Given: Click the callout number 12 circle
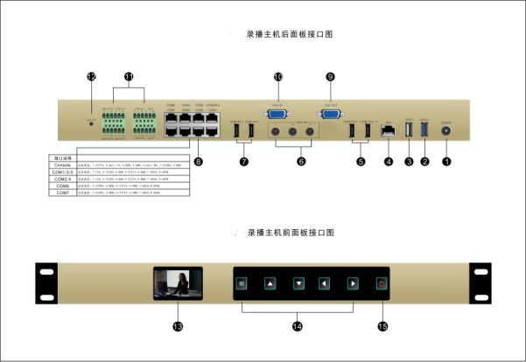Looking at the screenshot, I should (90, 77).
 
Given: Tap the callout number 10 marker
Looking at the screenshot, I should (278, 78).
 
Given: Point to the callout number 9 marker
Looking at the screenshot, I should (330, 78).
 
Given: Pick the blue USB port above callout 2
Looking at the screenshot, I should (426, 133).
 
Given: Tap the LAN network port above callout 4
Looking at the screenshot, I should (387, 134).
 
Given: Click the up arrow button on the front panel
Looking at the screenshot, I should (270, 283).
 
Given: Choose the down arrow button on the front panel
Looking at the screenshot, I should (298, 283).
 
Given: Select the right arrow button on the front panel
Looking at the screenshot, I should (353, 283).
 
